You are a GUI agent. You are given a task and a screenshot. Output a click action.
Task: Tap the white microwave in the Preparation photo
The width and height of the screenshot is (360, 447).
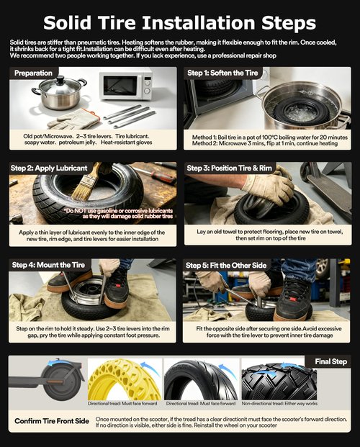(126, 86)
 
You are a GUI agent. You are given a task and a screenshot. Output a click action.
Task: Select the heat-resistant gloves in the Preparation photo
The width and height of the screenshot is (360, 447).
(73, 119)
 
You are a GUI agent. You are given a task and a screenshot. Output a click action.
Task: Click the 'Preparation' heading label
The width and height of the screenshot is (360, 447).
(33, 73)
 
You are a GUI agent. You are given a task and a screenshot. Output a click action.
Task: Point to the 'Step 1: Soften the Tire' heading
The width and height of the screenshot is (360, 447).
(222, 73)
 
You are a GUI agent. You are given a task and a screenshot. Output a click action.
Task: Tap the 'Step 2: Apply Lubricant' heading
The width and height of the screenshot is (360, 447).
(49, 168)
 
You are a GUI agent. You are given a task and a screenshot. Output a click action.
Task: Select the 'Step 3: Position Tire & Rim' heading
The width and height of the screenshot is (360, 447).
(230, 168)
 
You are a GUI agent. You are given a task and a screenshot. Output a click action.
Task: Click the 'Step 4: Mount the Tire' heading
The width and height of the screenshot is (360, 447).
(48, 265)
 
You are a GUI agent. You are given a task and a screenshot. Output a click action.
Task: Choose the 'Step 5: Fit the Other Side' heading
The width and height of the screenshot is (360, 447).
(226, 266)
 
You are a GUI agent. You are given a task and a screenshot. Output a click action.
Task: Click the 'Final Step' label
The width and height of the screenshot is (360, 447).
(331, 361)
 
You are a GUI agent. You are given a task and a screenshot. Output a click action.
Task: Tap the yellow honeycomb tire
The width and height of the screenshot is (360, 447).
(124, 380)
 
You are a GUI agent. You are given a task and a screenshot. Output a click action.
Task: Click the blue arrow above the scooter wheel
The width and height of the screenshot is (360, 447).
(56, 363)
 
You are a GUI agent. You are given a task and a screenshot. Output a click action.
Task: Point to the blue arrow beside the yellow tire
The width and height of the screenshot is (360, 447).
(150, 369)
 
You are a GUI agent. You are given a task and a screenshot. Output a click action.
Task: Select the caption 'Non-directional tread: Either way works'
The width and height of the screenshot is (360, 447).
(279, 403)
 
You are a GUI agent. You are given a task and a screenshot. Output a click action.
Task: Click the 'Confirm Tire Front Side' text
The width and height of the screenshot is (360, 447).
(52, 421)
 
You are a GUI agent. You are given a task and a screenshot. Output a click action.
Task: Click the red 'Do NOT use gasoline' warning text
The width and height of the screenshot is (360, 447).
(120, 214)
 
